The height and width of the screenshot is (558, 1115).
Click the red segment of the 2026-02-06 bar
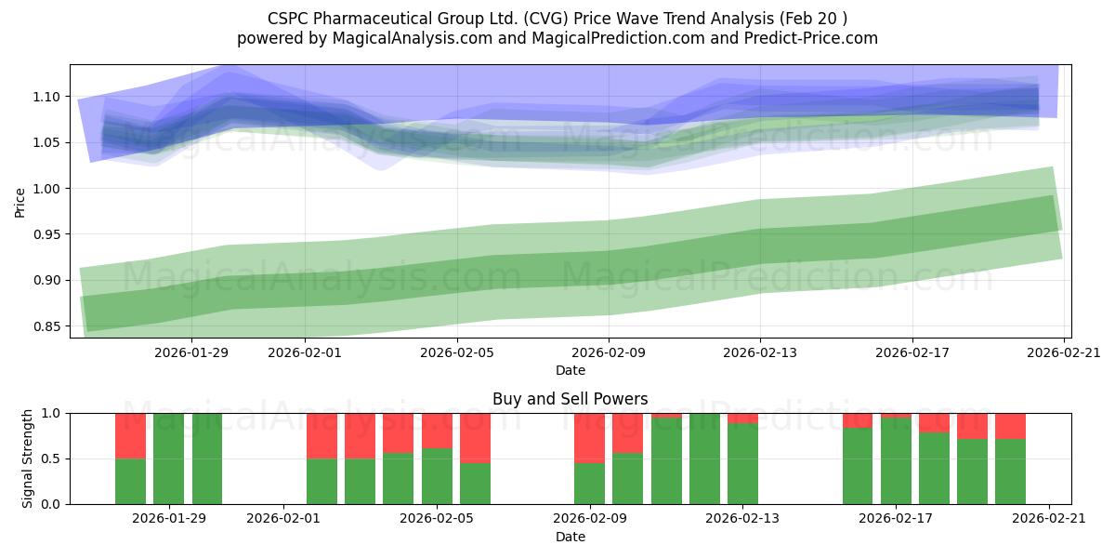(x=475, y=438)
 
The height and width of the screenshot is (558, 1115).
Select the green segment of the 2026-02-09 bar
(x=589, y=484)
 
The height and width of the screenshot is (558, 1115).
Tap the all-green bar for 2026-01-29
(x=169, y=458)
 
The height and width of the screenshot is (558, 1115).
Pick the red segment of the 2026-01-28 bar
(x=130, y=436)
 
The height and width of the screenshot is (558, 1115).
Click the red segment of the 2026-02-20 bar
(x=1011, y=427)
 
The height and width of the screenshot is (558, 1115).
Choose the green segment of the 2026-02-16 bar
(x=858, y=466)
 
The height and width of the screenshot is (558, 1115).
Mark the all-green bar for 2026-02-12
(x=704, y=458)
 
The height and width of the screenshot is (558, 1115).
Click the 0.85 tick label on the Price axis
(x=46, y=326)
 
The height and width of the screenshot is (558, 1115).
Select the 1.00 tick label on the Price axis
(x=46, y=189)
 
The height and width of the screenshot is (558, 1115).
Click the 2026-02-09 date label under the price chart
(x=609, y=352)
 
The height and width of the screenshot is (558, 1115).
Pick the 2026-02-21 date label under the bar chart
(x=1049, y=518)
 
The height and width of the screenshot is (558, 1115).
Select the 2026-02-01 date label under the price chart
(x=305, y=352)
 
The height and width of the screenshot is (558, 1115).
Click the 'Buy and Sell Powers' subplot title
(x=571, y=399)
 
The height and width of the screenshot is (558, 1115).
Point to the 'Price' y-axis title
(x=20, y=203)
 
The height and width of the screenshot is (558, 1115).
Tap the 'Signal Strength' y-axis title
(x=27, y=458)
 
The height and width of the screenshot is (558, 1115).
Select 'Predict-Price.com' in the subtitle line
(x=811, y=38)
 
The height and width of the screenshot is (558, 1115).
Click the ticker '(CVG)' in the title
(x=545, y=19)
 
